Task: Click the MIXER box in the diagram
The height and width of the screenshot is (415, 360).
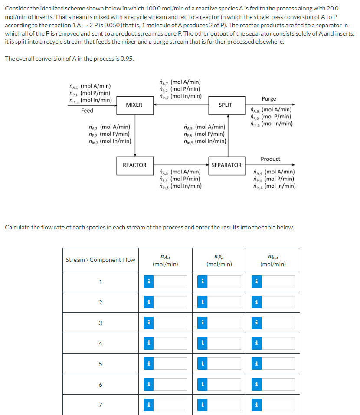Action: point(134,105)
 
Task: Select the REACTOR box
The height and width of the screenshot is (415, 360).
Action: point(134,165)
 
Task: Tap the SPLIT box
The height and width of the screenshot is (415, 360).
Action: point(225,105)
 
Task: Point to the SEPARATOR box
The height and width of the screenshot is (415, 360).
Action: point(226,165)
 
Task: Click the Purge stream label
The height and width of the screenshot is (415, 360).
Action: point(268,99)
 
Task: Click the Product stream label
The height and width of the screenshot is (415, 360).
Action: point(270,159)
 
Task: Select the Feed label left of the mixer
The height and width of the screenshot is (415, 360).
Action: point(87,111)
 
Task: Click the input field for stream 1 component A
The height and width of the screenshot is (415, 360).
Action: point(170,282)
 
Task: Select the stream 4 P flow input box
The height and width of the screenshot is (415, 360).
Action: point(224,343)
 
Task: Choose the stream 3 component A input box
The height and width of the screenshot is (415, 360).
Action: point(170,323)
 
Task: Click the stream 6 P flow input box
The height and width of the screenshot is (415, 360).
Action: point(224,385)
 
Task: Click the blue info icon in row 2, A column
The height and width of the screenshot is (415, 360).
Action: point(148,302)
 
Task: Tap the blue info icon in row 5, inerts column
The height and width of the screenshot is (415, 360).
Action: point(256,364)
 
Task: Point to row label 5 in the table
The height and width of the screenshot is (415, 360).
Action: point(100,364)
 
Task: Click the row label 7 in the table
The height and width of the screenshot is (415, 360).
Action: point(100,405)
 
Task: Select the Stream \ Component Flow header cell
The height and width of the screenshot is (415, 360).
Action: point(100,260)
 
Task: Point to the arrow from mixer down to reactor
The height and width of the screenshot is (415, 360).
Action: point(135,134)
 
